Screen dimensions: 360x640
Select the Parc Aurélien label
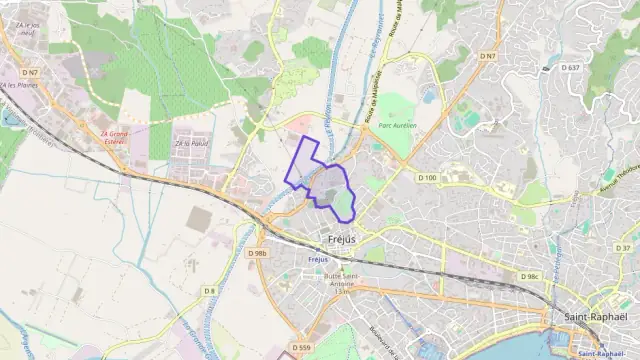(x=399, y=126)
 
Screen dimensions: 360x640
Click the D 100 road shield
(x=427, y=178)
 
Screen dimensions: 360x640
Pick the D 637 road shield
(x=571, y=67)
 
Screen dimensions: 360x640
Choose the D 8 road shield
(x=209, y=290)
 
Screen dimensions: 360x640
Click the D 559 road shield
(x=302, y=347)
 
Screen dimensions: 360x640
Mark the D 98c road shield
(x=529, y=276)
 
